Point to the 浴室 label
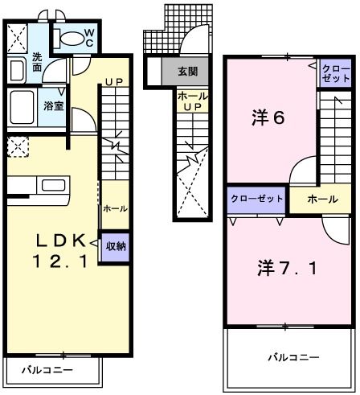pos(54,105)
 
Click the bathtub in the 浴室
pos(23,106)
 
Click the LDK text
pos(59,239)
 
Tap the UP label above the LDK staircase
pos(113,82)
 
